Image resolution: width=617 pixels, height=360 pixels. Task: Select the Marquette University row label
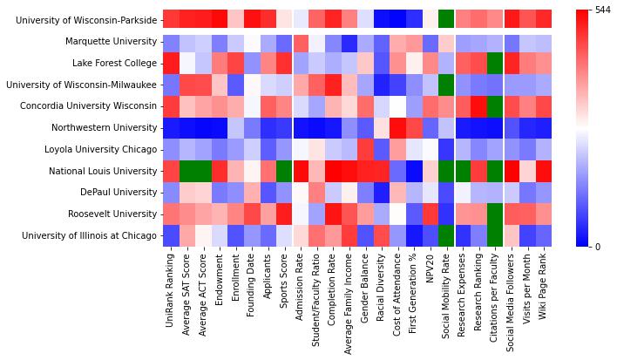110,41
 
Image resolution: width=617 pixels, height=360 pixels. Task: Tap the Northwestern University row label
105,127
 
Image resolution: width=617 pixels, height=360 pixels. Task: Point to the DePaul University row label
116,192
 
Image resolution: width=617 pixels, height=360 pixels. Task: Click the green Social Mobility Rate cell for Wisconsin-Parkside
446,19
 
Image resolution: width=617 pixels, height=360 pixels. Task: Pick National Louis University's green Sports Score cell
284,171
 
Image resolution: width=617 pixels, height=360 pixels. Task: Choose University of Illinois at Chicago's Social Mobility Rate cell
446,235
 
